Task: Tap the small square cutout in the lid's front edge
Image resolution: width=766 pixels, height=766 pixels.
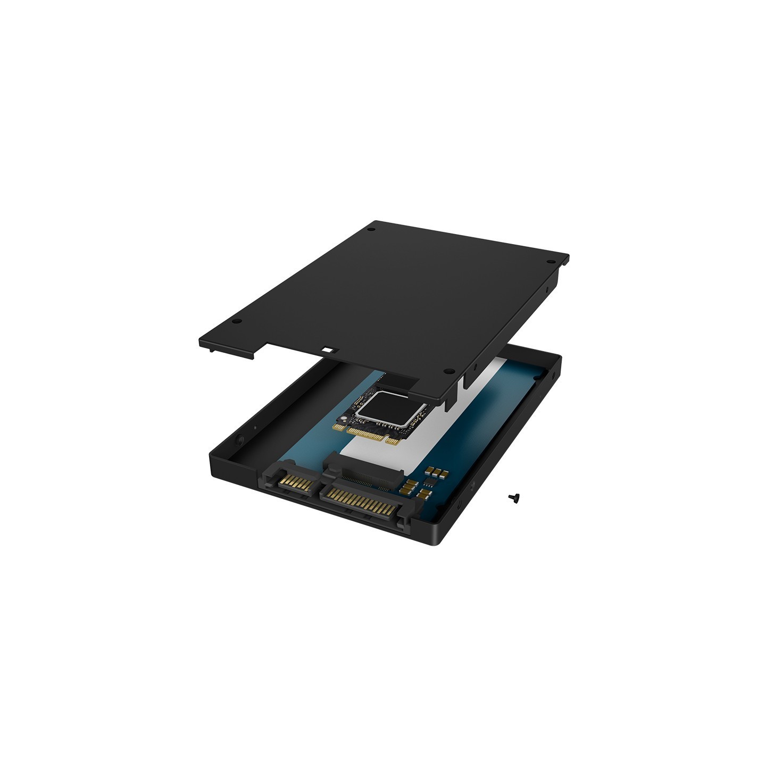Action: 328,351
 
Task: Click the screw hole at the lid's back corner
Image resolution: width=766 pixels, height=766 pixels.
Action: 371,229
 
